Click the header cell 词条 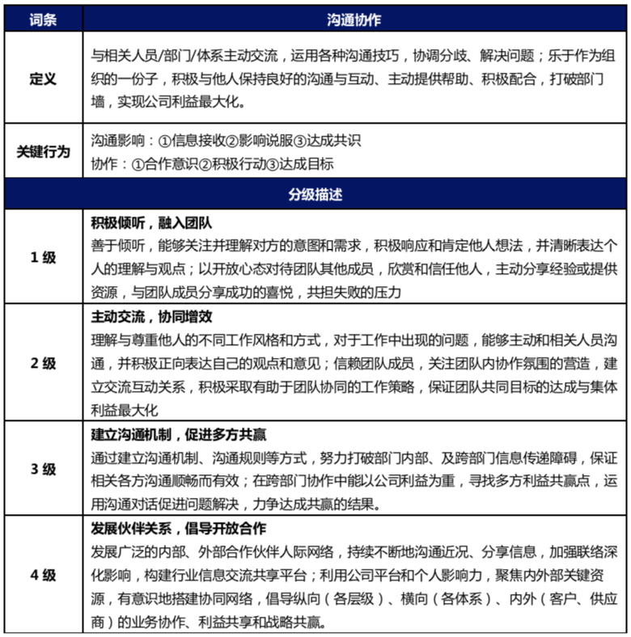pos(42,17)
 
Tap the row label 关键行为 pos(42,151)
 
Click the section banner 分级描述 pos(315,195)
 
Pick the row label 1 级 pos(42,257)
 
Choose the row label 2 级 pos(42,363)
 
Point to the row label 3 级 pos(42,469)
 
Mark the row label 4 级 pos(42,576)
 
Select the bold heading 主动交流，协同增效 pos(151,316)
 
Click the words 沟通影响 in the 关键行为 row pos(114,141)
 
